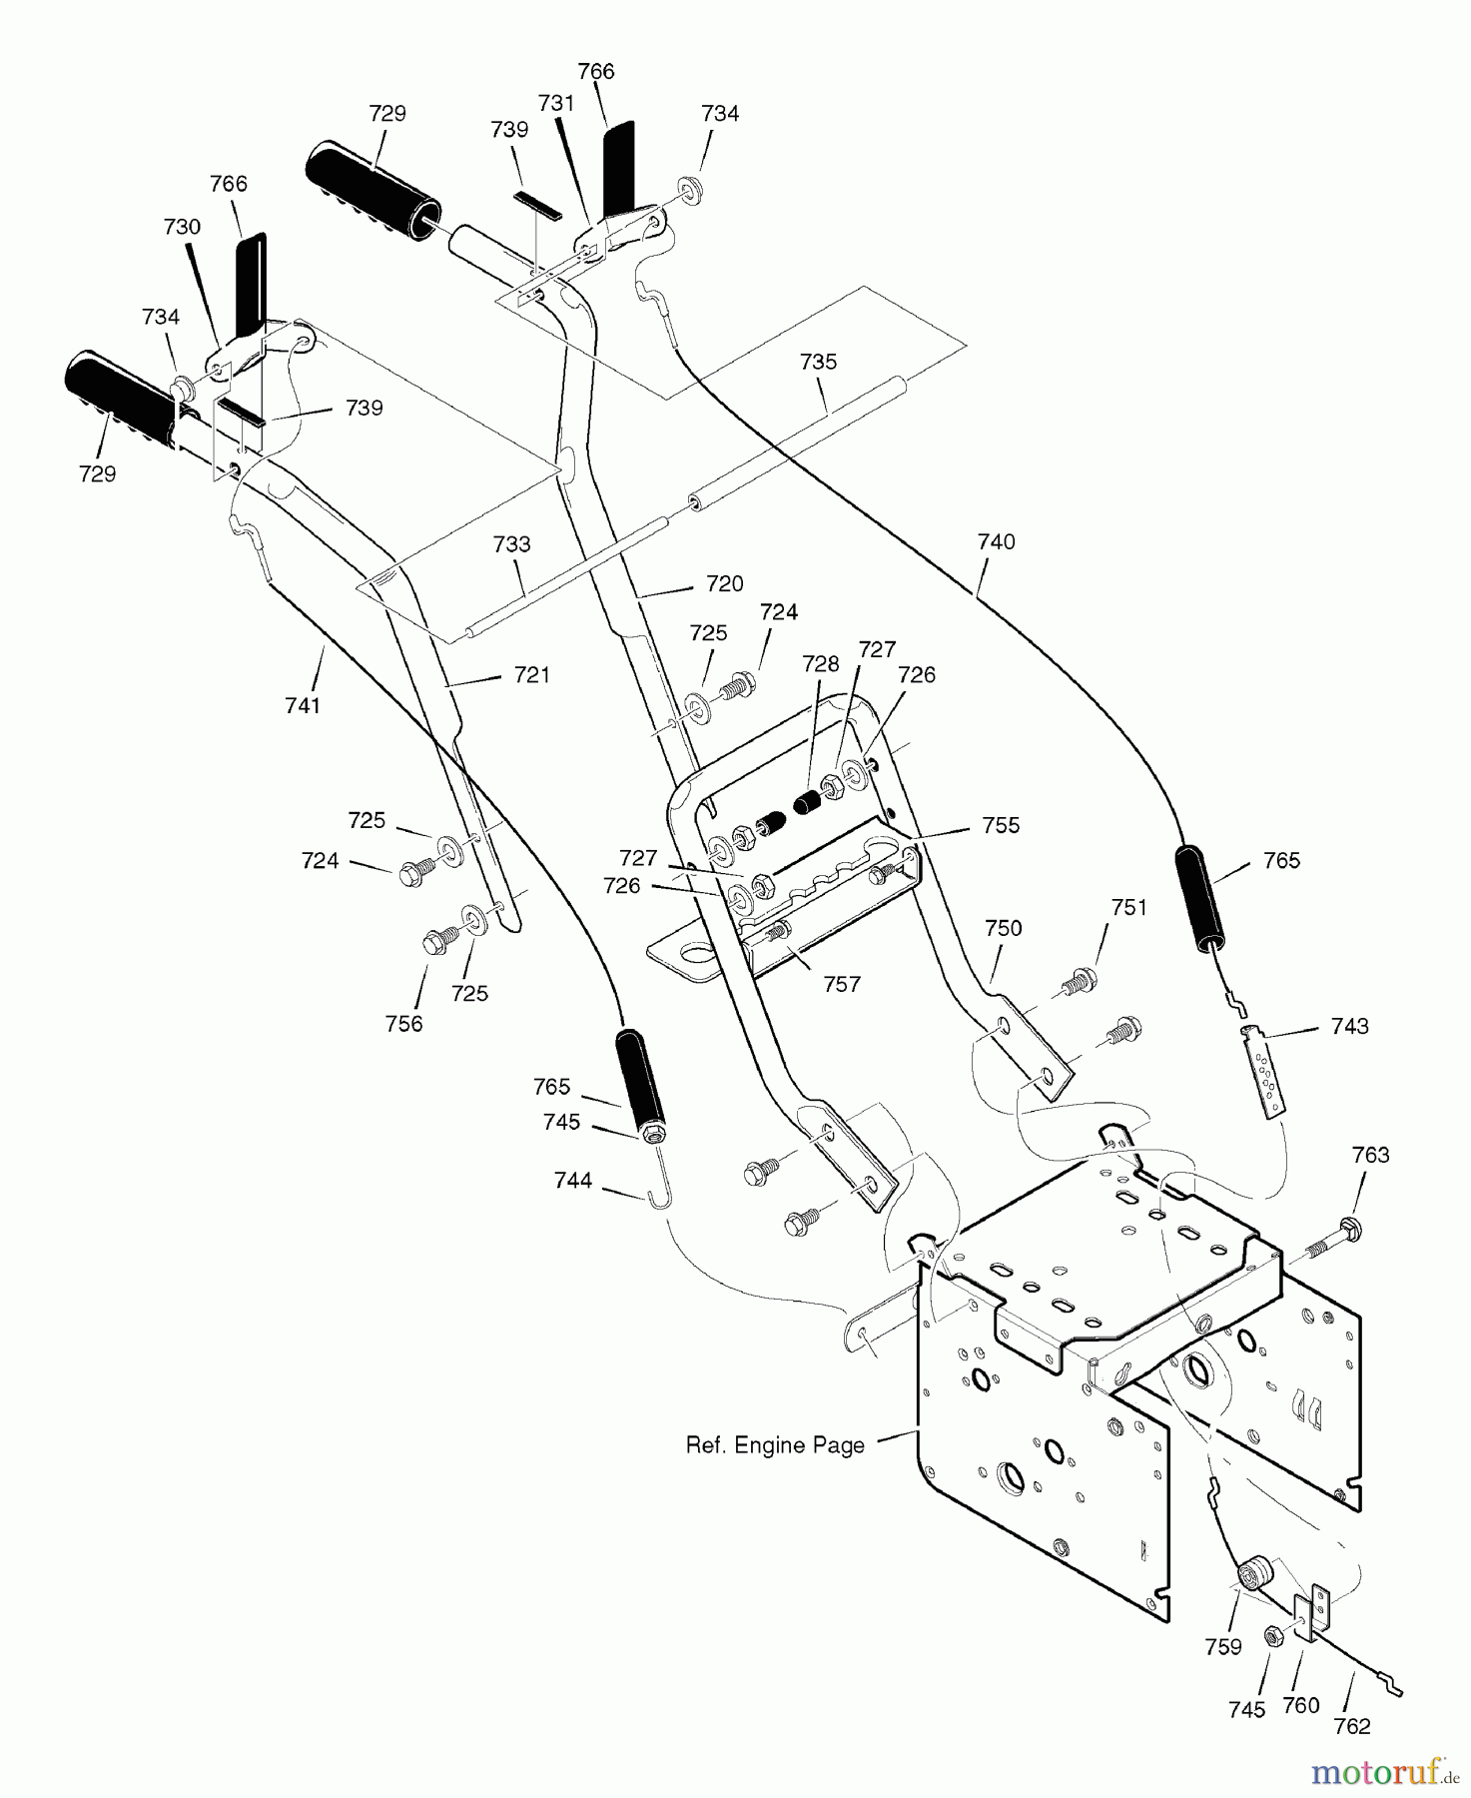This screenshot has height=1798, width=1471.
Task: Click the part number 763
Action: click(x=1370, y=1155)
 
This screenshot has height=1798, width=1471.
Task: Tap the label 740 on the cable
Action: click(x=996, y=541)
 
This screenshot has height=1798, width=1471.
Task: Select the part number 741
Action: click(x=303, y=705)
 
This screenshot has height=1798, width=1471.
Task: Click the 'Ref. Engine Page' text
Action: click(x=775, y=1445)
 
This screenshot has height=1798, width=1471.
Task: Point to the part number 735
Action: click(x=818, y=362)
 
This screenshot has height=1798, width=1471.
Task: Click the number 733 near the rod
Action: click(x=511, y=544)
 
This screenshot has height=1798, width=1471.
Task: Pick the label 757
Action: click(x=842, y=984)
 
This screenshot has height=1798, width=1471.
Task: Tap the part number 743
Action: click(x=1350, y=1026)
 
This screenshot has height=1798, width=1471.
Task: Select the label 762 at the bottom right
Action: click(x=1352, y=1725)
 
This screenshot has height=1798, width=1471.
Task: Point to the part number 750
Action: click(x=1003, y=928)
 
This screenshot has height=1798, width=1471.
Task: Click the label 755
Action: click(x=1001, y=825)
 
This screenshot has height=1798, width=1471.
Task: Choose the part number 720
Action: click(x=725, y=583)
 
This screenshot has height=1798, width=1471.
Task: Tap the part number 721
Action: click(x=531, y=675)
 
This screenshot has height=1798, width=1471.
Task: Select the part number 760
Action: click(x=1301, y=1705)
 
